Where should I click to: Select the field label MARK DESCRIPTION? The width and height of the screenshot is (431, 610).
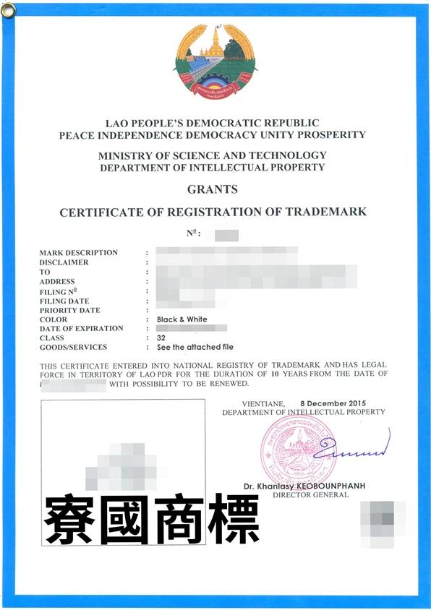click(79, 253)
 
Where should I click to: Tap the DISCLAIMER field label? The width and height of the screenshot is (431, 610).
click(64, 262)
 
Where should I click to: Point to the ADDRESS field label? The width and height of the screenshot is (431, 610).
click(57, 281)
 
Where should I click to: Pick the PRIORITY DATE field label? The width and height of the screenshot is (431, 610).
click(70, 310)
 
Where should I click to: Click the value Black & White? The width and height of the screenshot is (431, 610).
click(182, 319)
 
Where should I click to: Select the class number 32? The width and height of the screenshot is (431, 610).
click(161, 338)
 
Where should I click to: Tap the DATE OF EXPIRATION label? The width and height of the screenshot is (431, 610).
click(82, 328)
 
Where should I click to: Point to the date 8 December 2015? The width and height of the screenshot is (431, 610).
click(335, 403)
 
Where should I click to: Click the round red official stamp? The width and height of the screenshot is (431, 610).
click(288, 450)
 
